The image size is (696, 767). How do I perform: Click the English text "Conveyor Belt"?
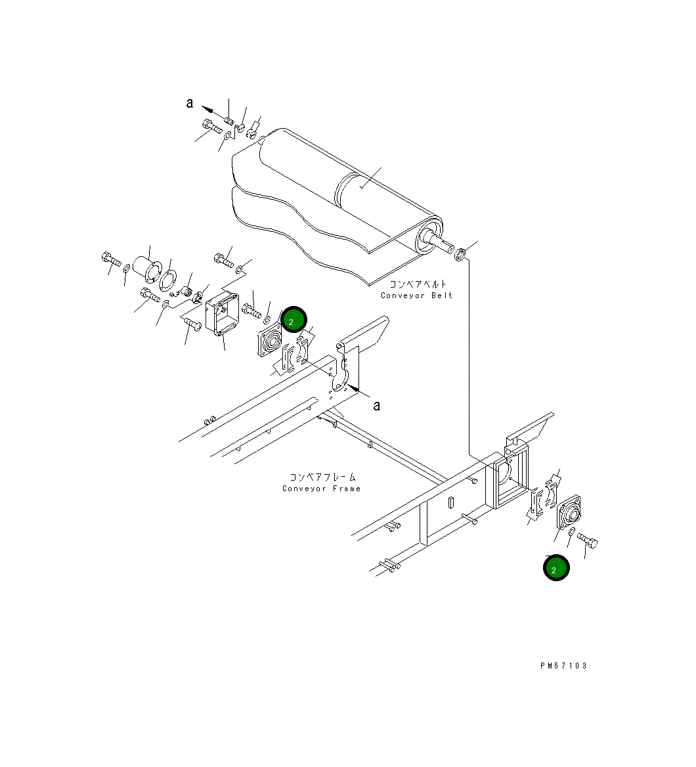[416, 296]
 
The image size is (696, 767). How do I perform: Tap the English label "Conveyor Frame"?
[321, 489]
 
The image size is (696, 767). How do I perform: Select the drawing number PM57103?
[563, 666]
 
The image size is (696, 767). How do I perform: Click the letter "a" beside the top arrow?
[190, 102]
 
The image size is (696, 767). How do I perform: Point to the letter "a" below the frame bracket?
[376, 405]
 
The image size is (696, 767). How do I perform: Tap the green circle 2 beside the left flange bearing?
[293, 320]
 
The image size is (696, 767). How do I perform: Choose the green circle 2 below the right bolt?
[556, 568]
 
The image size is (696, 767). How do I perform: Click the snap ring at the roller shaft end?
[462, 253]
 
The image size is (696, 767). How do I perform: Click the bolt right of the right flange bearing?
[588, 541]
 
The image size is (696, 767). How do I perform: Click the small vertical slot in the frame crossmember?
[451, 502]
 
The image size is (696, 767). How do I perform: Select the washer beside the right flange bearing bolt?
[572, 531]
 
